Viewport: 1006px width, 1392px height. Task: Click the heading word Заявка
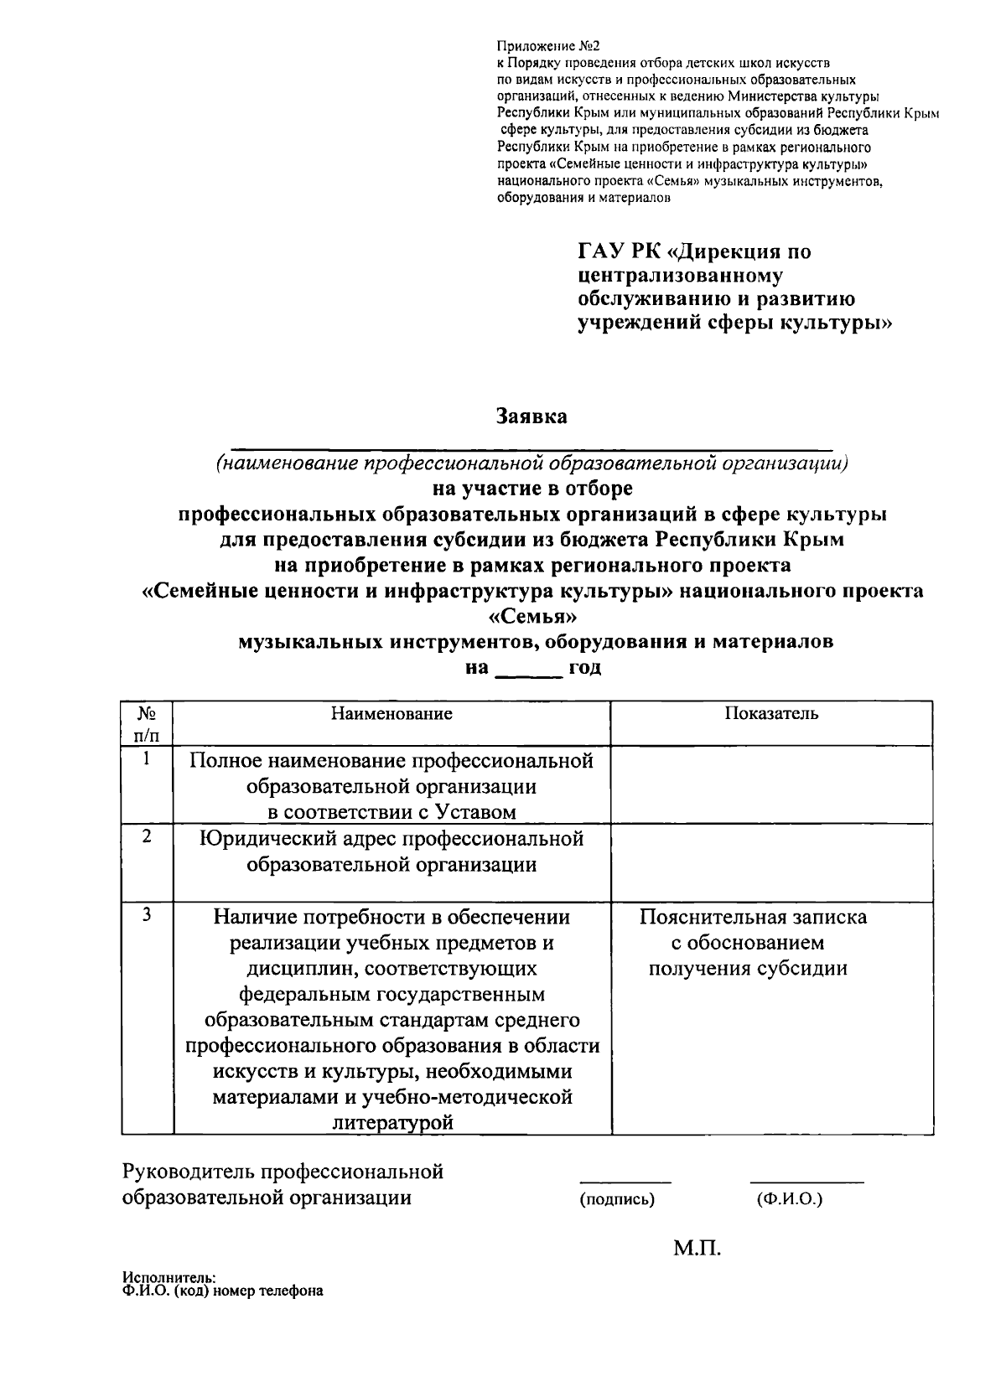532,417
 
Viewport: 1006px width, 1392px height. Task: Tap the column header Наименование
392,713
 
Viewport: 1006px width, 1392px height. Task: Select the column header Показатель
771,713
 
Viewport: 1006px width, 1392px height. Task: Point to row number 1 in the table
147,760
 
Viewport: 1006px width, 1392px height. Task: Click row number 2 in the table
147,837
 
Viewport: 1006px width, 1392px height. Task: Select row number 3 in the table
147,915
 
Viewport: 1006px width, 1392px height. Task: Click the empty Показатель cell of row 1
771,784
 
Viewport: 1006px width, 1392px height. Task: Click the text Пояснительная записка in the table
753,917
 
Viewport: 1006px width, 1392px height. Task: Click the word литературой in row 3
392,1123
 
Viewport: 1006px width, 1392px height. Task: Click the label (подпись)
617,1199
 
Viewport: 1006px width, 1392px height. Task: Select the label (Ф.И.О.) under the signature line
789,1199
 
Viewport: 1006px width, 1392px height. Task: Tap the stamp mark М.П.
697,1249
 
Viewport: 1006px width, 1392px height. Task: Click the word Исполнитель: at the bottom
169,1279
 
